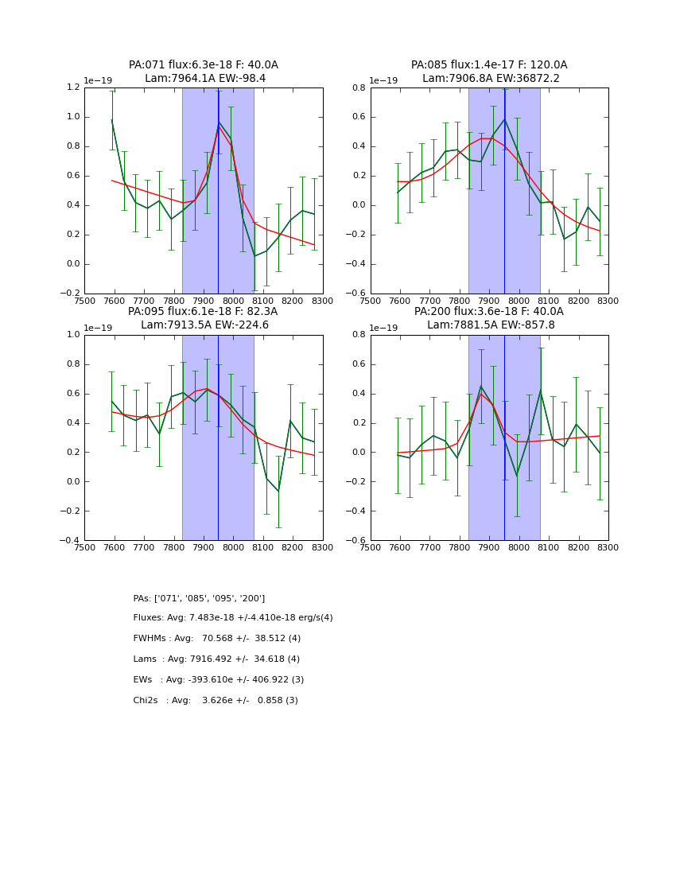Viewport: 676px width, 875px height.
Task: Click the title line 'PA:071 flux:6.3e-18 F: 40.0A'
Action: click(204, 65)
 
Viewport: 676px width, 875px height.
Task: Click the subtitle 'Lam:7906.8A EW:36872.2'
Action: click(489, 79)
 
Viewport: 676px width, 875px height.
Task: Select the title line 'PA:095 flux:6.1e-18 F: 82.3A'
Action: click(203, 312)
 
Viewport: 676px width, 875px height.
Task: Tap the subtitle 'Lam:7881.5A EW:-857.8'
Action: click(489, 325)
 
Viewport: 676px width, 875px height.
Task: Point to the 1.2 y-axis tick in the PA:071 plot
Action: click(73, 87)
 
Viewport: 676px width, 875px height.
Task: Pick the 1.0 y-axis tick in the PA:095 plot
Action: click(73, 335)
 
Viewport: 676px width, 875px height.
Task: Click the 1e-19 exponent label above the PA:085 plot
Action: click(383, 80)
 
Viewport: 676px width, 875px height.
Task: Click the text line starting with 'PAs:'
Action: click(199, 598)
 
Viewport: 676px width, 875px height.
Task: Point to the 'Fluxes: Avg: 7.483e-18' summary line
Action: click(233, 618)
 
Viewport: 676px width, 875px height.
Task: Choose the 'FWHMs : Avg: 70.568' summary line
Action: click(217, 639)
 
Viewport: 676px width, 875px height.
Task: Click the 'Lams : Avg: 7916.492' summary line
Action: click(216, 659)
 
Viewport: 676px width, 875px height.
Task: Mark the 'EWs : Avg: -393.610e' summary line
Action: click(219, 680)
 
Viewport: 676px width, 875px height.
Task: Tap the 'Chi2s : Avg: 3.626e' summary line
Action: click(216, 701)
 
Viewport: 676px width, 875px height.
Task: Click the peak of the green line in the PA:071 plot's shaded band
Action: click(219, 122)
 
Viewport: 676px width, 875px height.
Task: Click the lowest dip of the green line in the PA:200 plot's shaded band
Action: click(517, 476)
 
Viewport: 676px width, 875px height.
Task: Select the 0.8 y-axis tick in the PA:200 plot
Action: click(359, 335)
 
